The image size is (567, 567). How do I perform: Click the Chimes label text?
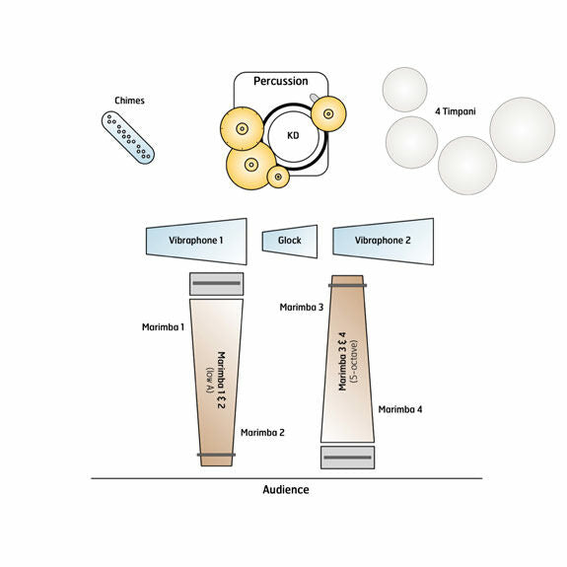(x=129, y=101)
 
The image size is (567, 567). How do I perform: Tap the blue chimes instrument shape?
(x=128, y=137)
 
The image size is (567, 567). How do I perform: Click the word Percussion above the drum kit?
(x=281, y=81)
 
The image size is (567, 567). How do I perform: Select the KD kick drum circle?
(x=294, y=137)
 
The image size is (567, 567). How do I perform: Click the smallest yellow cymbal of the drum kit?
(x=278, y=177)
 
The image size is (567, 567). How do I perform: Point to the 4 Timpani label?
(x=456, y=111)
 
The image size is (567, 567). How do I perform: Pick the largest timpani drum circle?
(x=523, y=129)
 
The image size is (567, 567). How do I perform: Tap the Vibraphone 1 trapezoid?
(x=196, y=242)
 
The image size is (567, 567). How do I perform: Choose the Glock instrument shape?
(x=290, y=242)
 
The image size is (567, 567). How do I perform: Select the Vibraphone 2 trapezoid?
(x=383, y=242)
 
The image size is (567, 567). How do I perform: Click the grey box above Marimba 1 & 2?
(x=217, y=284)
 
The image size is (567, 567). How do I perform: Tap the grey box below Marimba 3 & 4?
(x=347, y=458)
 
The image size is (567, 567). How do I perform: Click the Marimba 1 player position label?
(x=163, y=327)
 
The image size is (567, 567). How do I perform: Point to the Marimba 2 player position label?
(x=262, y=433)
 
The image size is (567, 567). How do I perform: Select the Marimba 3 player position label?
(x=302, y=308)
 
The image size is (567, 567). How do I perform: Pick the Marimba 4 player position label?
(x=400, y=409)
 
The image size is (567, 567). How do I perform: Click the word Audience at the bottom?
(x=286, y=490)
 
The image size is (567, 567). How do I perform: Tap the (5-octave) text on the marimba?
(x=354, y=361)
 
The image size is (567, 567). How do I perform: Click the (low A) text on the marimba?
(x=210, y=380)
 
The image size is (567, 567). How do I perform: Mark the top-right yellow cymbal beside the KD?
(x=328, y=113)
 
